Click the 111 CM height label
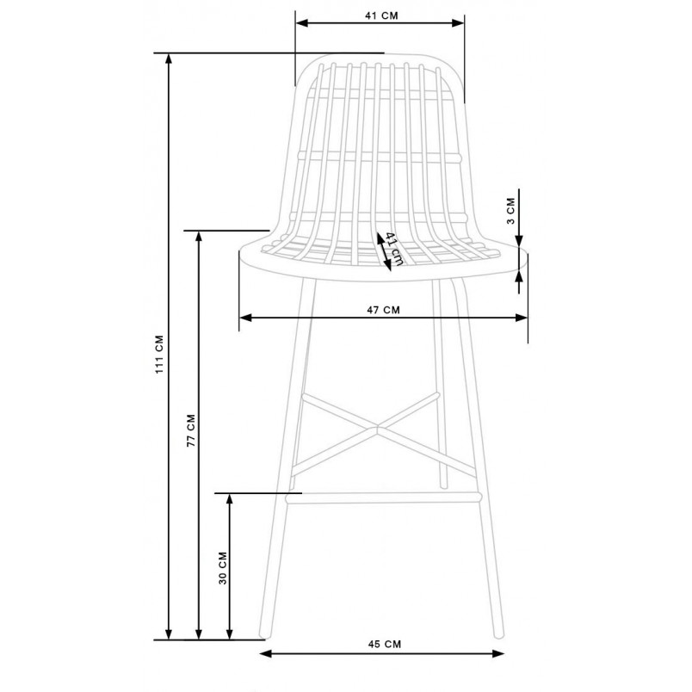160,355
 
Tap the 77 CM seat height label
191,430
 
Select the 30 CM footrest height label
223,568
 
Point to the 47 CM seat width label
383,310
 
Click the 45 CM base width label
385,644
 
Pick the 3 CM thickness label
510,211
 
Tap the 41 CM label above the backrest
381,15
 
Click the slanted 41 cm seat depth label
394,249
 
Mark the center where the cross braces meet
378,427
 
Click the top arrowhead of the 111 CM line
168,59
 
